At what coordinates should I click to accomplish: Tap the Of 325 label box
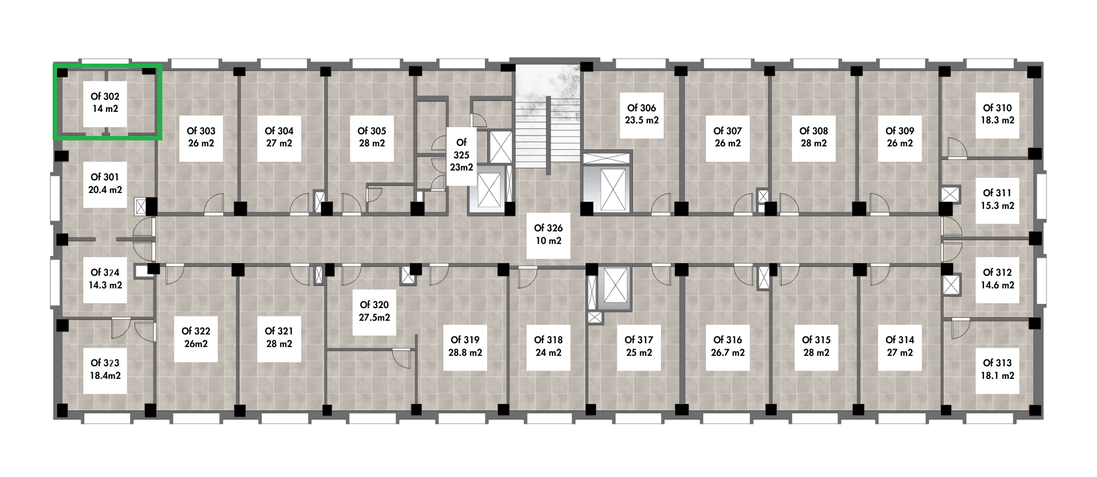(x=461, y=155)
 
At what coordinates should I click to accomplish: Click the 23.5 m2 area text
(x=642, y=120)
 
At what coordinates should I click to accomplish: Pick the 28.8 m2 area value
(x=465, y=353)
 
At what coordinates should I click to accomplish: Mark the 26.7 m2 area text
(x=728, y=353)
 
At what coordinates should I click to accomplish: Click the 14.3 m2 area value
(x=105, y=285)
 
